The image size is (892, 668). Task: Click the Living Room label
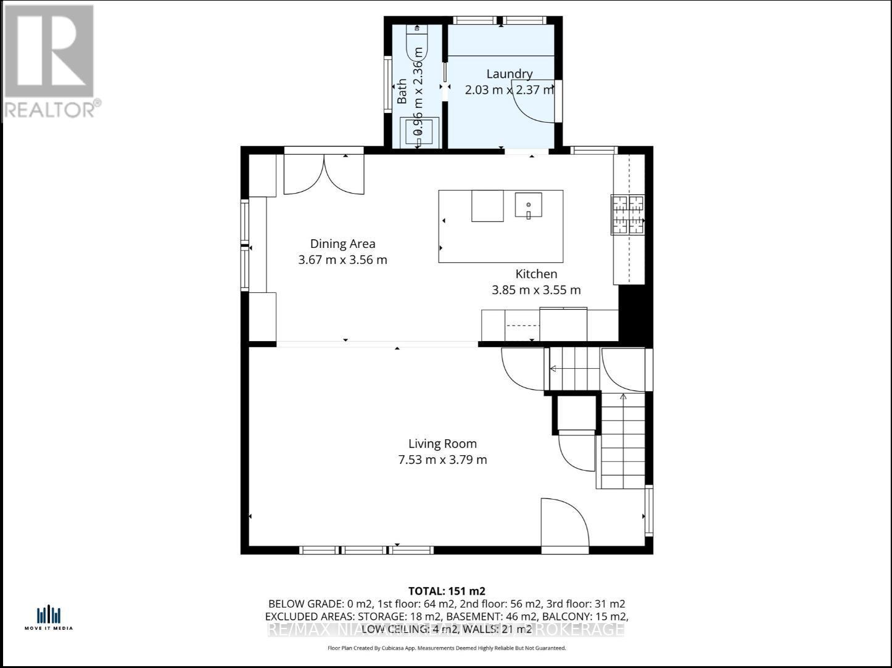442,443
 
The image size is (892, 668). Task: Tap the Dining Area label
342,244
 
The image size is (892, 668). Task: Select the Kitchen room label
536,274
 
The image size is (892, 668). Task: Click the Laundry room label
509,74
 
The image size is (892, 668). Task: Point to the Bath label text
402,91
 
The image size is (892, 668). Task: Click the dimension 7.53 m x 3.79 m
442,460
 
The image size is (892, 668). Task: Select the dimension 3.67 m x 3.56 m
342,260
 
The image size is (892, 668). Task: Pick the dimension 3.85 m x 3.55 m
536,290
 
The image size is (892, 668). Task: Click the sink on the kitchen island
529,205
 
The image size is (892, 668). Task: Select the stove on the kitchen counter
627,215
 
